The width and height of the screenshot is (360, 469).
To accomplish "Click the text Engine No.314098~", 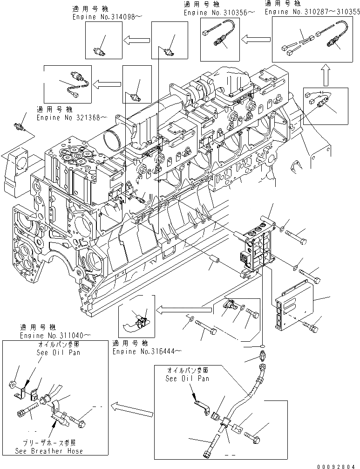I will pos(107,16).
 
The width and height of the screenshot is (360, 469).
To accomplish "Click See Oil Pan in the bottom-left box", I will pos(58,352).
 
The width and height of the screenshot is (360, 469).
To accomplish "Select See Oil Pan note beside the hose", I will pos(188,378).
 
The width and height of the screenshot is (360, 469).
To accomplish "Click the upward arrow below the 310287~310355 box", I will pos(325,74).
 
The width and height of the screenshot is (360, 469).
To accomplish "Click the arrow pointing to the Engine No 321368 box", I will pos(107,84).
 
